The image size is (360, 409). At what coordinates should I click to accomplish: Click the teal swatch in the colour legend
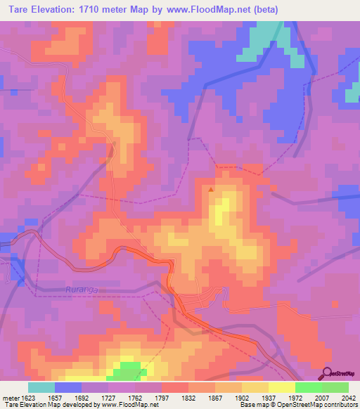41,387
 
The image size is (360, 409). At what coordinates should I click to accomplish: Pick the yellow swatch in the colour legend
282,387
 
